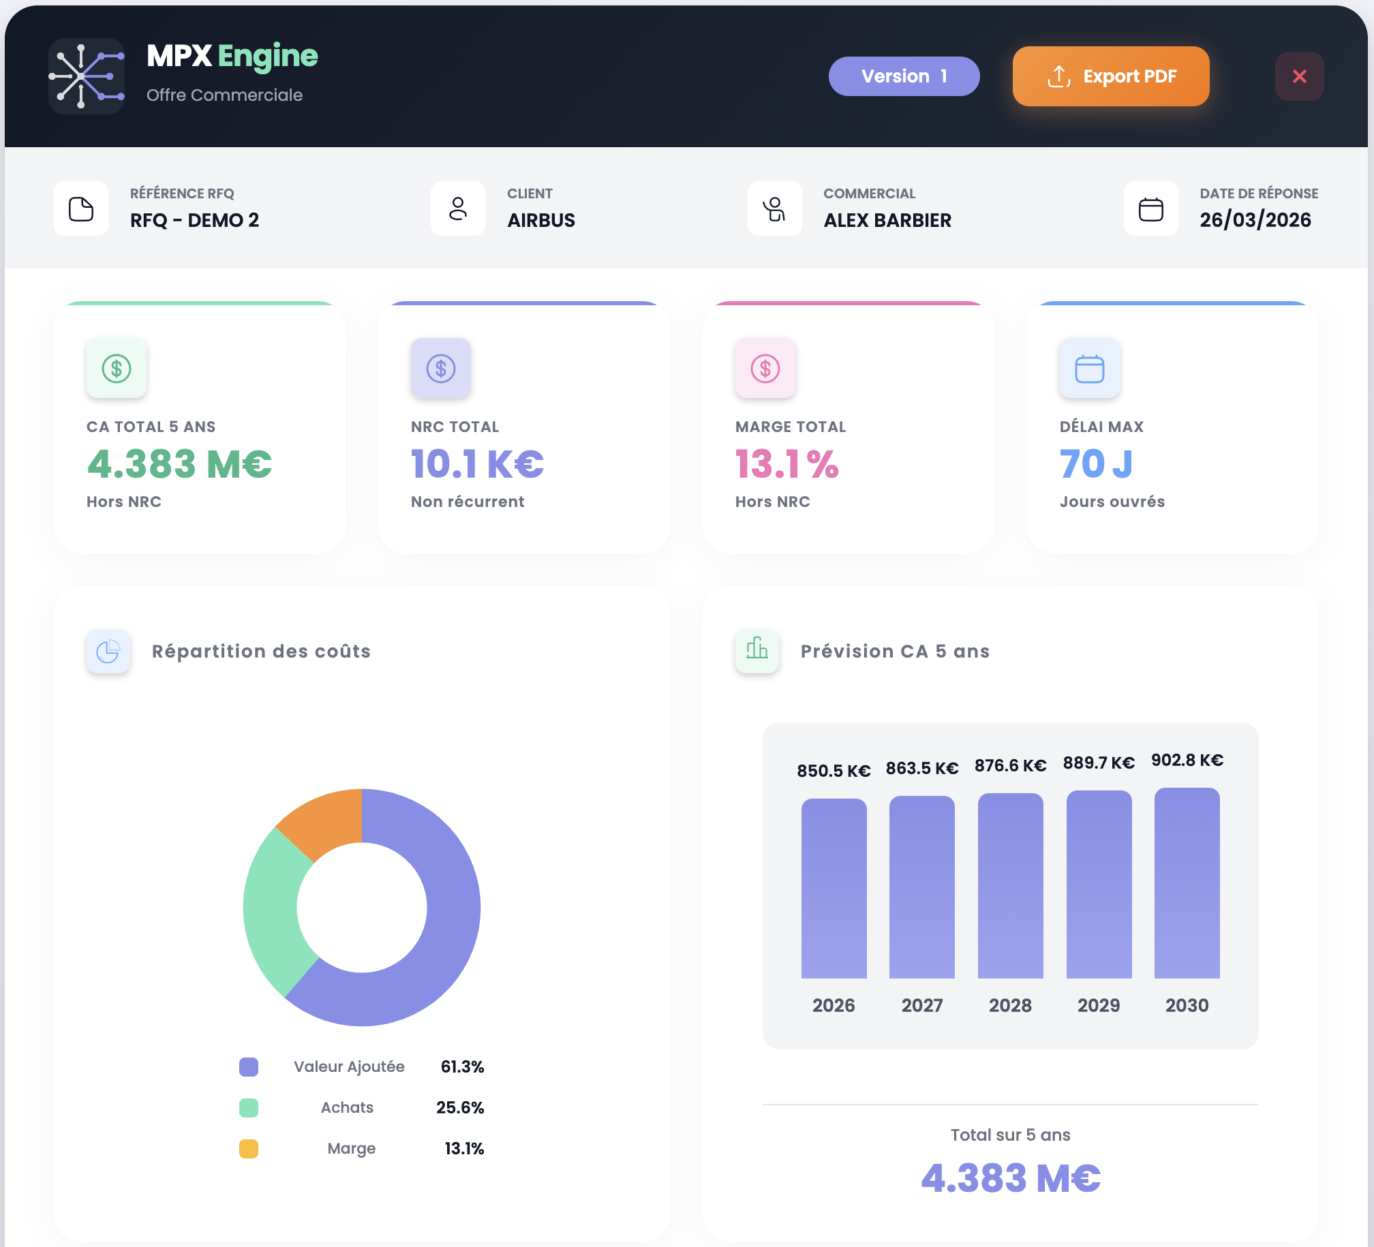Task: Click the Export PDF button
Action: (1110, 76)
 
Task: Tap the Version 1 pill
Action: (904, 76)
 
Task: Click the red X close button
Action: (1299, 76)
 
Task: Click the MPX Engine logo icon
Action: (86, 76)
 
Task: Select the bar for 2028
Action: (1010, 886)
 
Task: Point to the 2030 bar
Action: (1187, 883)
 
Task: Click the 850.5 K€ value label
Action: (834, 771)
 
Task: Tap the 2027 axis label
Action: (921, 1005)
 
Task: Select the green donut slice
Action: (273, 913)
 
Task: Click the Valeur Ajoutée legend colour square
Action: (249, 1067)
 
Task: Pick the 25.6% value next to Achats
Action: (460, 1107)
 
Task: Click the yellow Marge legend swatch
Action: (249, 1149)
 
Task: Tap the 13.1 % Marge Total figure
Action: (787, 464)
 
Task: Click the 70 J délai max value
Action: (1096, 464)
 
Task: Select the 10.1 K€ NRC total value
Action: (477, 464)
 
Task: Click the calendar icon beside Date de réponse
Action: (1150, 209)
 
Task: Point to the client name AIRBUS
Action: (541, 220)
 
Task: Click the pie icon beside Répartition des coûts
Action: (108, 651)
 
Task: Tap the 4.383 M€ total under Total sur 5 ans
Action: (1010, 1178)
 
